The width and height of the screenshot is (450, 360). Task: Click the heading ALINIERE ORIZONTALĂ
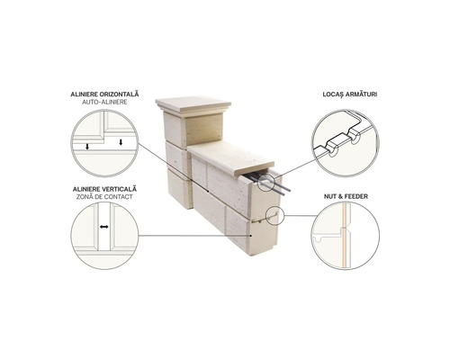pyautogui.click(x=104, y=94)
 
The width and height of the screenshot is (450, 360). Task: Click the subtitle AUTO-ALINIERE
pyautogui.click(x=104, y=102)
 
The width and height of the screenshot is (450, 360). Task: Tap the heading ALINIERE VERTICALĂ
pyautogui.click(x=104, y=189)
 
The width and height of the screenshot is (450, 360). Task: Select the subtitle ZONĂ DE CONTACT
pyautogui.click(x=104, y=197)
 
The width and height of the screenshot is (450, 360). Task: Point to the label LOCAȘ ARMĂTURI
pyautogui.click(x=350, y=94)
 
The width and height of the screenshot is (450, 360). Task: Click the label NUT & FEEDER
pyautogui.click(x=346, y=196)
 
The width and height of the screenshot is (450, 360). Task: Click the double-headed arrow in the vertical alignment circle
pyautogui.click(x=104, y=227)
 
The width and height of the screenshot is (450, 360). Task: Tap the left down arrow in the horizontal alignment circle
pyautogui.click(x=87, y=147)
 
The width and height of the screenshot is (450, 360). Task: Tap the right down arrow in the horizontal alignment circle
pyautogui.click(x=121, y=142)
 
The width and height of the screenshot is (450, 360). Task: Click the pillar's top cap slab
pyautogui.click(x=193, y=105)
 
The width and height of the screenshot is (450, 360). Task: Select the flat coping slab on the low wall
pyautogui.click(x=231, y=157)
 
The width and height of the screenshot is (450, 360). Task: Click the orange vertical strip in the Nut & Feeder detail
pyautogui.click(x=345, y=236)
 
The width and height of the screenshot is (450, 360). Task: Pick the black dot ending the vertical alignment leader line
pyautogui.click(x=251, y=236)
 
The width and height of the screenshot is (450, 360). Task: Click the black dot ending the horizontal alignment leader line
pyautogui.click(x=208, y=191)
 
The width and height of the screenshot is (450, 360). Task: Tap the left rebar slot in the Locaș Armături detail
pyautogui.click(x=332, y=150)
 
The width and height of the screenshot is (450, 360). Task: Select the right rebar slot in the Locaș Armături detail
pyautogui.click(x=354, y=137)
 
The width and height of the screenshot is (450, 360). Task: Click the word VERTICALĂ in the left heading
pyautogui.click(x=120, y=189)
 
